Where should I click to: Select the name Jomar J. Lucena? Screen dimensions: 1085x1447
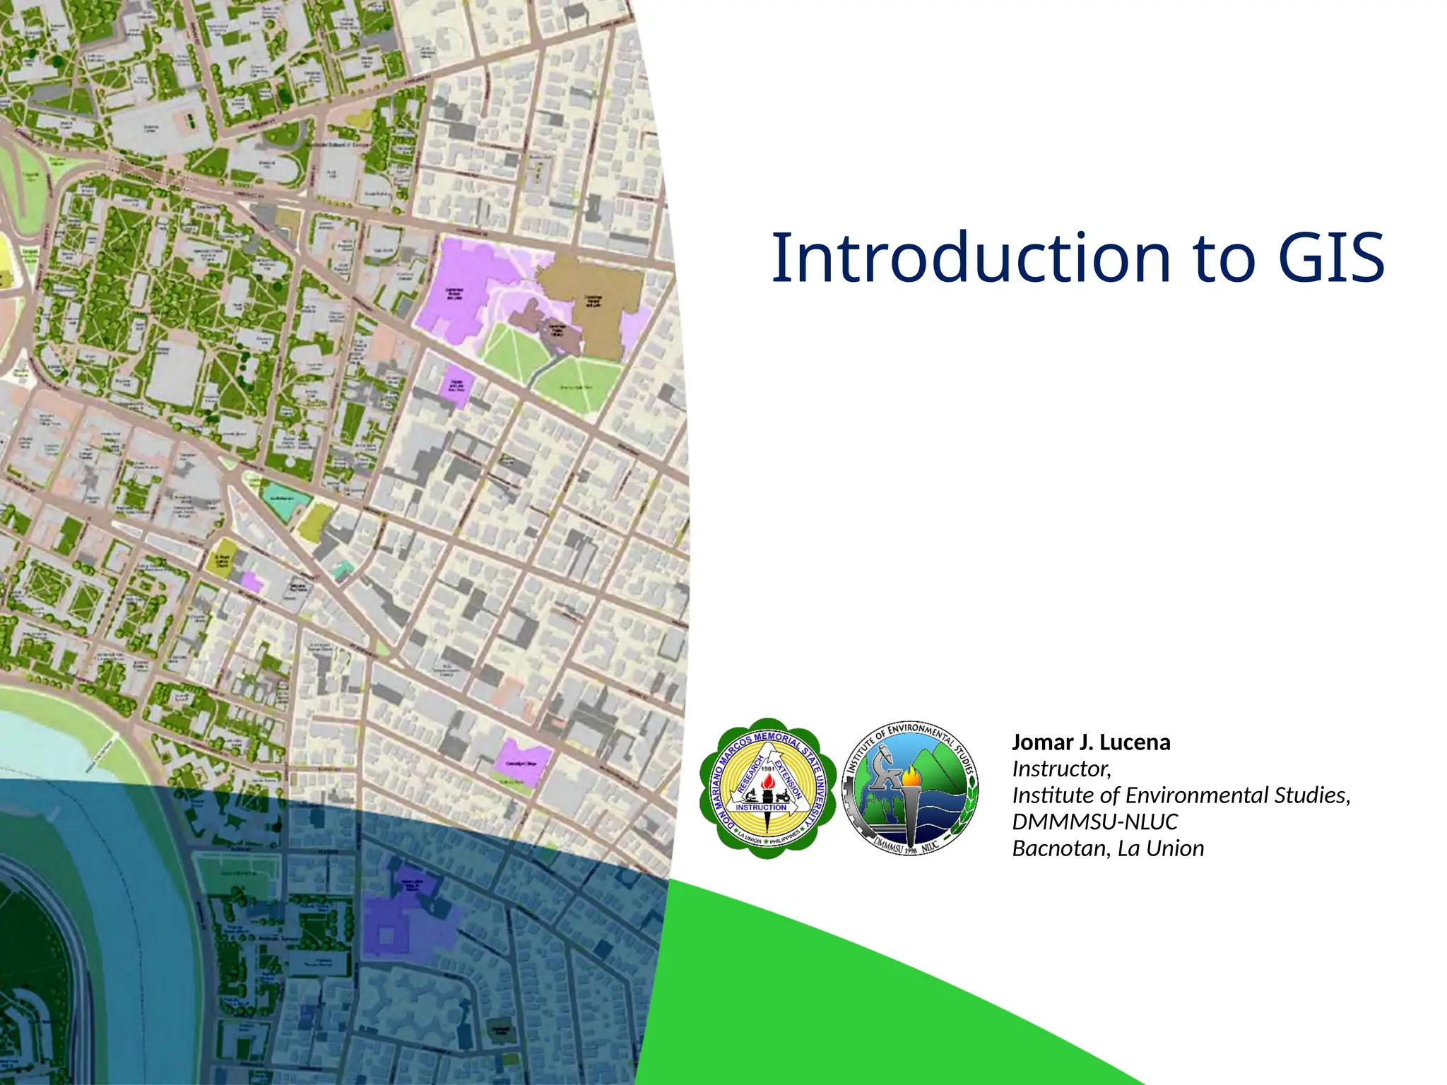pos(1091,742)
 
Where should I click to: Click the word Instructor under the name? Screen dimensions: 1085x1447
pos(1061,769)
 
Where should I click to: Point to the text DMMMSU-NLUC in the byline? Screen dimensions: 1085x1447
pos(1095,822)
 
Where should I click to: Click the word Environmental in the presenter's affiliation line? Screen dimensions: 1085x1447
pos(1198,795)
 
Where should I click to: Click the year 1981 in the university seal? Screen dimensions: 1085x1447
pos(768,769)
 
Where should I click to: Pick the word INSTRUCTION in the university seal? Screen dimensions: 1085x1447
pos(761,807)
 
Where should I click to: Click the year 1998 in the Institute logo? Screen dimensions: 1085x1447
pos(911,850)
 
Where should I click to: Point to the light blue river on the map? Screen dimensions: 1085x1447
pos(42,749)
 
